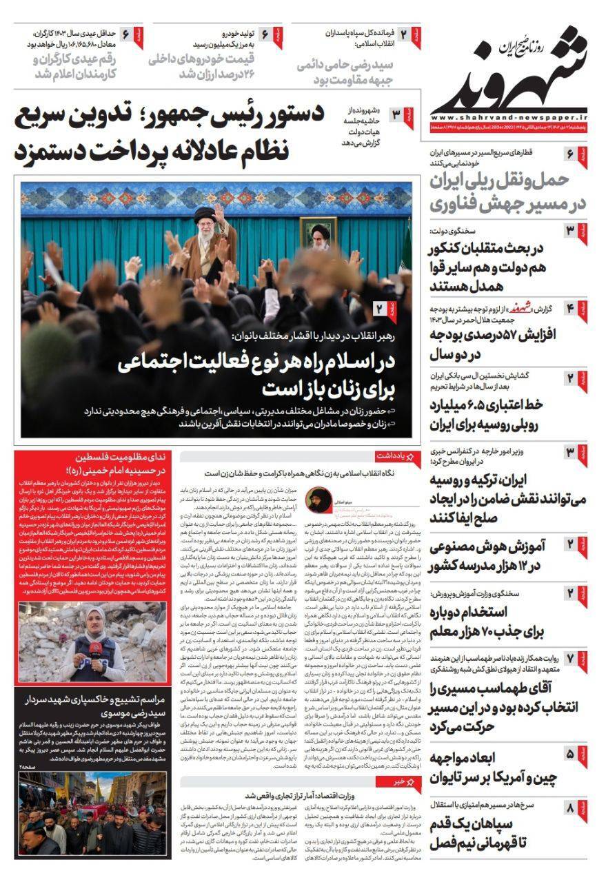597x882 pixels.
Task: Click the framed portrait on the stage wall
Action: point(318,236)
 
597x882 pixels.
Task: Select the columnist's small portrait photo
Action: point(321,497)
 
